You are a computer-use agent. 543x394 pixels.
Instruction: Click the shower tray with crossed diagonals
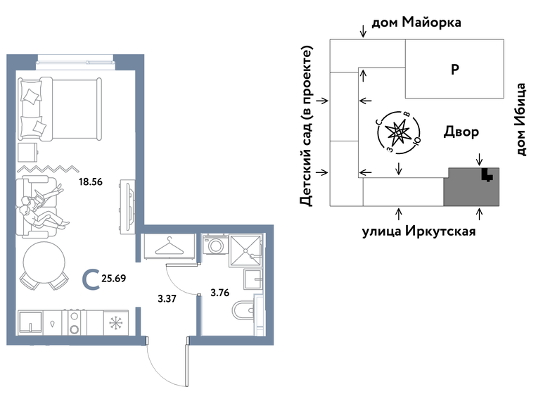pos(246,247)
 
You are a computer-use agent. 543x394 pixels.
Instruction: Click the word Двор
pos(461,132)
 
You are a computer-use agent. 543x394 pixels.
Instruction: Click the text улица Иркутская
pos(419,230)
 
